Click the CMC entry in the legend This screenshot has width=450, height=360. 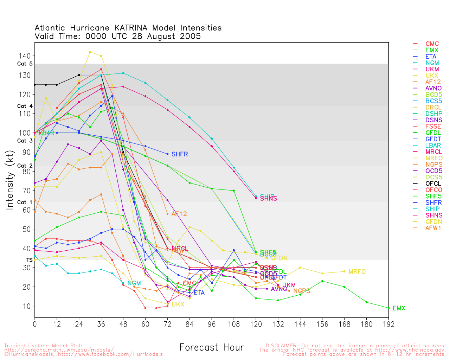[432, 44]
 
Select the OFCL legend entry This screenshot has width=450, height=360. [433, 184]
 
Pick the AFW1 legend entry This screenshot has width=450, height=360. [433, 228]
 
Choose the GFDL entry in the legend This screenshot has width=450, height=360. [433, 133]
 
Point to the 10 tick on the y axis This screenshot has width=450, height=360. [27, 306]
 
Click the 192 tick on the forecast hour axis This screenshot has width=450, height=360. [388, 324]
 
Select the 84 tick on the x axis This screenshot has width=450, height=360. [189, 324]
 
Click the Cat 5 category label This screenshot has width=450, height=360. [25, 64]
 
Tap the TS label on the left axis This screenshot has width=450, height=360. [30, 260]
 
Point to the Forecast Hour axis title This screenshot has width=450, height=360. [211, 348]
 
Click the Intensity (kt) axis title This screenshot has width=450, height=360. [9, 180]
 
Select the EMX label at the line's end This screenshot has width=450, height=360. [399, 308]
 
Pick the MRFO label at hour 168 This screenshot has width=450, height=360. [357, 272]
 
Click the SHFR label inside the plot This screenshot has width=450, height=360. [180, 154]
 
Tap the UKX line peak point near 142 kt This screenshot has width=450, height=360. [90, 52]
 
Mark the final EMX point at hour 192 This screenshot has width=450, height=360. [388, 308]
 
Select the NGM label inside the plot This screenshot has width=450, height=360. [134, 283]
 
